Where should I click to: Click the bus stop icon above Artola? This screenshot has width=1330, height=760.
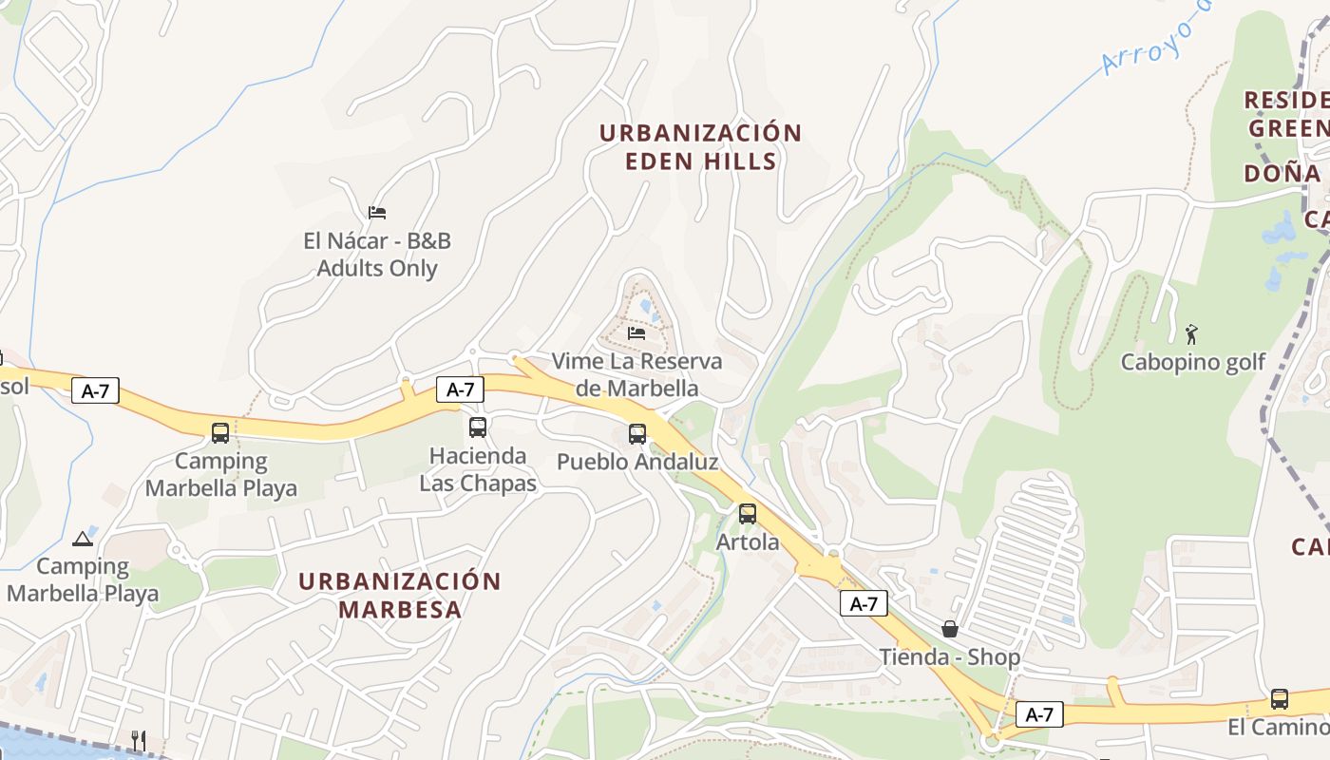748,514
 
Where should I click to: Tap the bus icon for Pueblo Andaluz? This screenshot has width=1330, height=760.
636,434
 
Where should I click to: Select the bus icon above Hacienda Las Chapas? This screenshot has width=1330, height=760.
477,427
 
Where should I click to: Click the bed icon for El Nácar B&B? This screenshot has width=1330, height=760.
377,212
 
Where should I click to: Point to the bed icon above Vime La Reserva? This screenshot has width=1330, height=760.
636,332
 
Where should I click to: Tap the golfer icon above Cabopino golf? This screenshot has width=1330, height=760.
1191,333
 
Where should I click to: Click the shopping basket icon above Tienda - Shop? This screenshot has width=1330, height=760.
949,629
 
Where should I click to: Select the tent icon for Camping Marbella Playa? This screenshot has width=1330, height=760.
83,539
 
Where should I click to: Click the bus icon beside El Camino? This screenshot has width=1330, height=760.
1279,699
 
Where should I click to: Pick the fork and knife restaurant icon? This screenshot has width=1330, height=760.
138,739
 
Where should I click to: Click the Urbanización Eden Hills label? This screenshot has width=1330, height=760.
700,146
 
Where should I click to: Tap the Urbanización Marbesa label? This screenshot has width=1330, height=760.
400,595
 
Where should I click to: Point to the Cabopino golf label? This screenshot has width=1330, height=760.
1193,362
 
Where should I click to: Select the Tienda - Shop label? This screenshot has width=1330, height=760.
949,656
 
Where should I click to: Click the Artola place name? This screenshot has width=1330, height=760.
748,542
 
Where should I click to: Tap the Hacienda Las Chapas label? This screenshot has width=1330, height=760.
478,469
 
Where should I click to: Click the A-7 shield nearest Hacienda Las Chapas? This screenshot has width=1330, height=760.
460,389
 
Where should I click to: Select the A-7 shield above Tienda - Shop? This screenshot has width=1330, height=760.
864,603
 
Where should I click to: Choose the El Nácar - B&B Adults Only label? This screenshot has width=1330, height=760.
377,255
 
